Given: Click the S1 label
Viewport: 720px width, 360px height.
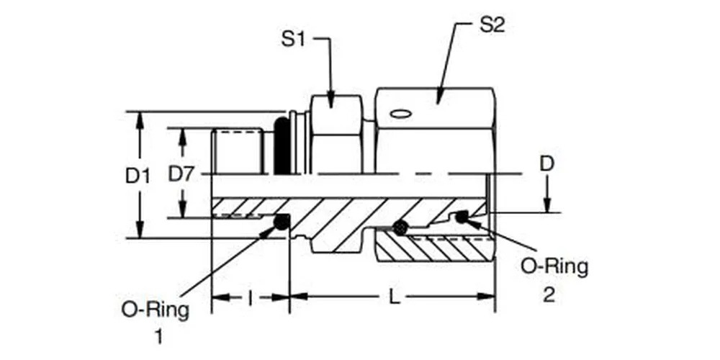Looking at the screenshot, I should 293,39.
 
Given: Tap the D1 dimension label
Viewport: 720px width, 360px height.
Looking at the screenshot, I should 138,175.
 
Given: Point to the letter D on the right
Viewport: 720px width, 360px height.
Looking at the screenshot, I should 547,164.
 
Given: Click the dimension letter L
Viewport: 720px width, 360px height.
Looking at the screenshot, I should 392,297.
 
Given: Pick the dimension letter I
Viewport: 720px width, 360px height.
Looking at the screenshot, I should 250,297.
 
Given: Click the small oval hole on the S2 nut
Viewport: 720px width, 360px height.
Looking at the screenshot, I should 399,113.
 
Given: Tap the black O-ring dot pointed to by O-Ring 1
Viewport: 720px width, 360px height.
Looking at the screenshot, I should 282,224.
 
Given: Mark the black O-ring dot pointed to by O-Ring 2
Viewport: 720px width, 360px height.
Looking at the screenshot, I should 461,216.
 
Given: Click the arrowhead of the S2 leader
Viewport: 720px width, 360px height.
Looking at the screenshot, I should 439,95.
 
